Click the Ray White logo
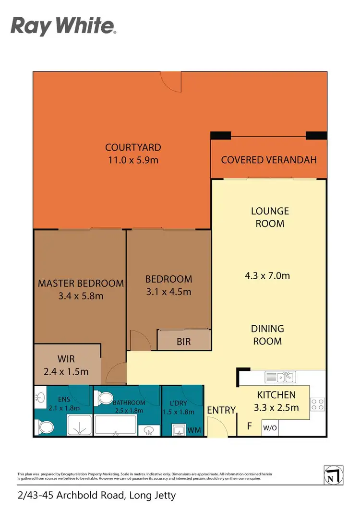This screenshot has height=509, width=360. click(x=63, y=26)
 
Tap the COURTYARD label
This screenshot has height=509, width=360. click(x=133, y=147)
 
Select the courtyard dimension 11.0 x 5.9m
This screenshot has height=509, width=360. click(x=133, y=160)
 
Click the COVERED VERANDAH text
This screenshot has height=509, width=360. click(x=269, y=160)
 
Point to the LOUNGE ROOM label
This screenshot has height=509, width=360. click(x=270, y=217)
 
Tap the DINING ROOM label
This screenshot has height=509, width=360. click(x=267, y=335)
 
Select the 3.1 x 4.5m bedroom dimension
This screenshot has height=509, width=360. click(x=168, y=291)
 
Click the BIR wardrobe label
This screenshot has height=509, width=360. click(x=184, y=342)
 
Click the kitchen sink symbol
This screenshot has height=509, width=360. click(x=280, y=377)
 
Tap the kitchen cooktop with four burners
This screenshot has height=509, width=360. click(x=317, y=404)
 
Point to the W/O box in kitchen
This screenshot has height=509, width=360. click(x=268, y=427)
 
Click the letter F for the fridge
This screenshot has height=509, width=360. click(x=249, y=425)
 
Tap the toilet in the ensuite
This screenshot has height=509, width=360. click(x=46, y=426)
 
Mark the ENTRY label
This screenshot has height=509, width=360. click(x=221, y=410)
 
